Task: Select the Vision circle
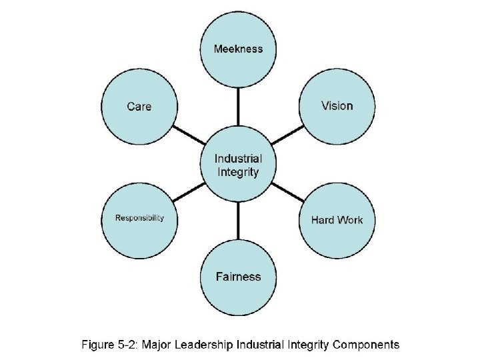337,107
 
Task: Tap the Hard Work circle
337,220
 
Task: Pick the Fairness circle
238,276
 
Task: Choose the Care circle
139,107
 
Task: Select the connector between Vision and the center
287,136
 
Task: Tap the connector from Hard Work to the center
287,192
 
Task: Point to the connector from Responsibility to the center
189,192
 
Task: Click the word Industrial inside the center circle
238,159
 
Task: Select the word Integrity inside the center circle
238,172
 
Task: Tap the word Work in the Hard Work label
350,220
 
